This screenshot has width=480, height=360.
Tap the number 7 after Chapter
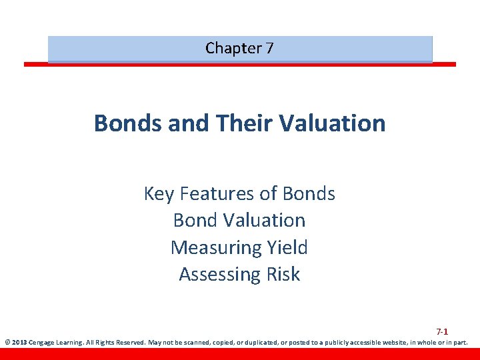[269, 48]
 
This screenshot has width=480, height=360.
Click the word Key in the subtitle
[158, 194]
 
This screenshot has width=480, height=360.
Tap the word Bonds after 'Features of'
[309, 194]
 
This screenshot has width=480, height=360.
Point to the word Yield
[287, 248]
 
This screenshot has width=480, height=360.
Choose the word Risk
[283, 275]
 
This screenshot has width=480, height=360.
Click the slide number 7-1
[442, 331]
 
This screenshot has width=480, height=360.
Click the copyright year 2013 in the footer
[19, 343]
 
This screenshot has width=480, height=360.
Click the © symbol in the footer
[7, 343]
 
